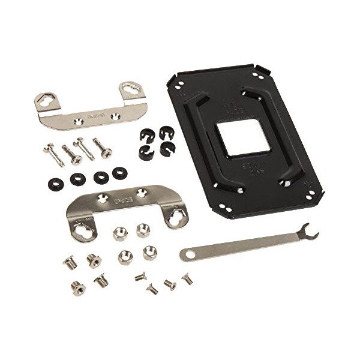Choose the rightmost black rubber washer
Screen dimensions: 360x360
pos(118,173)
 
